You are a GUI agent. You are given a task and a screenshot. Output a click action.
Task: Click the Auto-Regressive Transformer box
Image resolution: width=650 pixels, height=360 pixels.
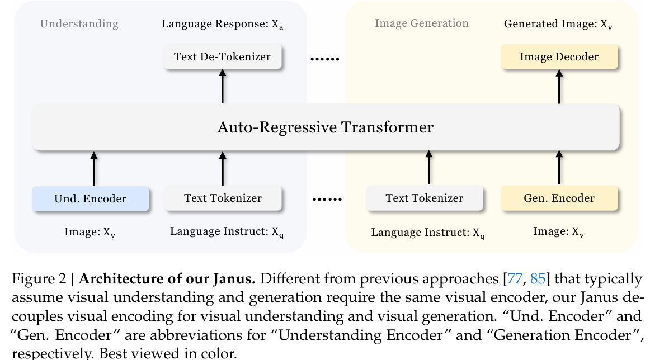pos(326,127)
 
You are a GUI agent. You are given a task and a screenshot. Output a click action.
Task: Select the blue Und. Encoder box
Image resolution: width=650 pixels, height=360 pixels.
pos(90,198)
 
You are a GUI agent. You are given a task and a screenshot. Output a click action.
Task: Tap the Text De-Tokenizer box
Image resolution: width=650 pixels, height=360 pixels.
pos(222,56)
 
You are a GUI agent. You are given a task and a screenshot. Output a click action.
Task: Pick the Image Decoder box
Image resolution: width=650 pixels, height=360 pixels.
pos(559,56)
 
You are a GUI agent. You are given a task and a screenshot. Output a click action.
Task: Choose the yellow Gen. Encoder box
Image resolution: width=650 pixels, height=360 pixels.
pos(559,198)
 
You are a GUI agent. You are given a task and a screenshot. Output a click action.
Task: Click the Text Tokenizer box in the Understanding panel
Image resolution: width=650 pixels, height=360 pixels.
pos(223,198)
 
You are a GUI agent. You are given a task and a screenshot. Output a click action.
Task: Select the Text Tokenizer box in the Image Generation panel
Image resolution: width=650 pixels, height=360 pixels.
pos(424,198)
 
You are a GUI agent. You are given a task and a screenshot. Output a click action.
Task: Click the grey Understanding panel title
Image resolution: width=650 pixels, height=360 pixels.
pos(79,23)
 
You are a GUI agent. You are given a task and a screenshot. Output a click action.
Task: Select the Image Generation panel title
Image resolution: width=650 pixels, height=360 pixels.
pos(421,23)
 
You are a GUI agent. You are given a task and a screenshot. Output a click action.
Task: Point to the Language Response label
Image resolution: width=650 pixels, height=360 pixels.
pos(223,25)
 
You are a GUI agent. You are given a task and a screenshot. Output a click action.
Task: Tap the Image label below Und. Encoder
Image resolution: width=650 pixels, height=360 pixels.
pos(90,232)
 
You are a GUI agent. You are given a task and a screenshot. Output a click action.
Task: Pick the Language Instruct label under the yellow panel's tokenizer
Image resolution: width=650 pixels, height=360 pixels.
pos(428,233)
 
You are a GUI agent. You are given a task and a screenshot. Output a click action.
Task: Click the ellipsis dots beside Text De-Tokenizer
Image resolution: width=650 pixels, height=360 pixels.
pos(325,58)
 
